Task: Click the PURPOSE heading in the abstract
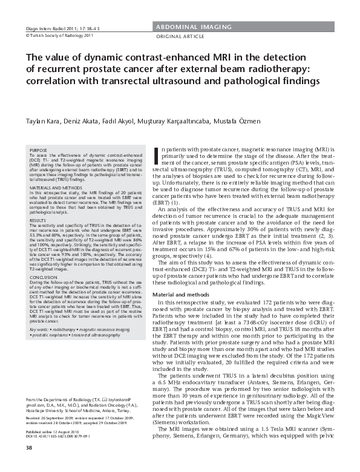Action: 38,149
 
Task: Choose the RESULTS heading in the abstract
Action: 38,221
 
